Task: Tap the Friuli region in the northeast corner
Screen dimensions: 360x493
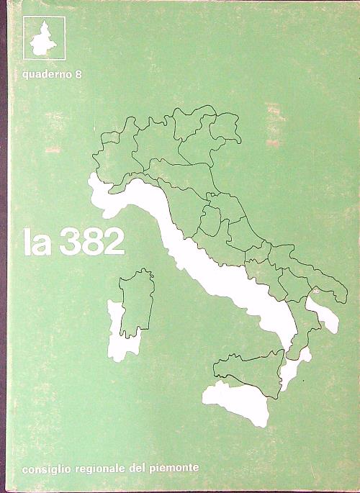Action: tap(225, 128)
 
